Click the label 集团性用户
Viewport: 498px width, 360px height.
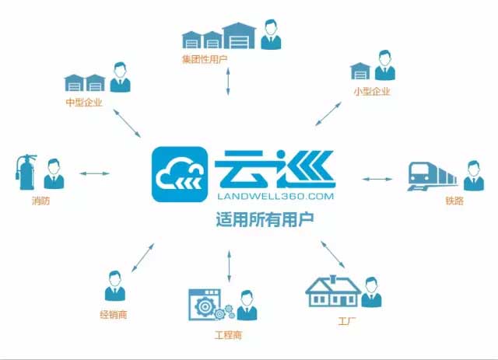[x=205, y=59]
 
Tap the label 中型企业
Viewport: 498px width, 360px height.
[x=84, y=102]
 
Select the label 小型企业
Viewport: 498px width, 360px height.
[x=372, y=92]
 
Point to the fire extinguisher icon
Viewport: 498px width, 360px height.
[x=26, y=172]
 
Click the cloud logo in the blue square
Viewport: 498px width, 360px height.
[x=180, y=174]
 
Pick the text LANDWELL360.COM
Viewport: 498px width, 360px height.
[x=275, y=196]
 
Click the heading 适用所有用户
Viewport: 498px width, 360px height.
[x=265, y=219]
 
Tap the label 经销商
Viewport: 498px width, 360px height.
[x=114, y=315]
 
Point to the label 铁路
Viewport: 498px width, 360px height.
[x=454, y=201]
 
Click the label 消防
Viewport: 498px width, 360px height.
[x=41, y=201]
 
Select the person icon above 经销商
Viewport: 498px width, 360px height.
[x=115, y=285]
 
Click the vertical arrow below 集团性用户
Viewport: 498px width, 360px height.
[x=228, y=82]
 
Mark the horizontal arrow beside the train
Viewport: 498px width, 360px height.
[x=377, y=179]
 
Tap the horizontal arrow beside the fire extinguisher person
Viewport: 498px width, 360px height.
[x=94, y=173]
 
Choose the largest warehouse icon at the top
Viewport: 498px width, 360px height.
[x=239, y=36]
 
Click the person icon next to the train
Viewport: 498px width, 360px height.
[x=474, y=176]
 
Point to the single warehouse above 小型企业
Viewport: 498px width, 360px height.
[x=360, y=71]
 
